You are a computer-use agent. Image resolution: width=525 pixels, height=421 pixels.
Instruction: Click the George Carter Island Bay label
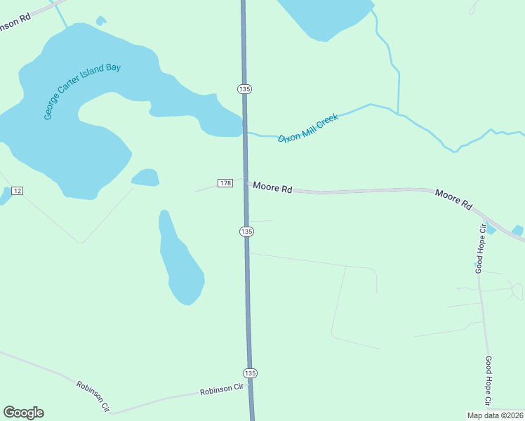(82, 91)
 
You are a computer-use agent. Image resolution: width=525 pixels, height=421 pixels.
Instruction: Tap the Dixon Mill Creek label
(308, 128)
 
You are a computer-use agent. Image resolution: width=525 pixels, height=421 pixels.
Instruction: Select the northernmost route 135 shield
(244, 89)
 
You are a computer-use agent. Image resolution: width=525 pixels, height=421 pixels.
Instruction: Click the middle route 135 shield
(246, 231)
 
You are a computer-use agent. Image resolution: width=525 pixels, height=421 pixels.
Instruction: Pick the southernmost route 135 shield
(250, 373)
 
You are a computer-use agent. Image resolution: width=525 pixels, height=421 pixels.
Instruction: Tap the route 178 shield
(225, 183)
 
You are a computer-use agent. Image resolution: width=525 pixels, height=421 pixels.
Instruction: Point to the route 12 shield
(18, 191)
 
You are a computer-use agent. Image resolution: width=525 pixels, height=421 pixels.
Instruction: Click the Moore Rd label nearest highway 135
(272, 187)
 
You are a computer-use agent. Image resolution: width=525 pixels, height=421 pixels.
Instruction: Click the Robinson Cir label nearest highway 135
(221, 389)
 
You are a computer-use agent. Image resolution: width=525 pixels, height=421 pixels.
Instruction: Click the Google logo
(23, 413)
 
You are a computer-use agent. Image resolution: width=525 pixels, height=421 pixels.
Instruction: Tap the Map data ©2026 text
(495, 415)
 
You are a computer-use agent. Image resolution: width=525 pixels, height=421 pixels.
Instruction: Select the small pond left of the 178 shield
(145, 178)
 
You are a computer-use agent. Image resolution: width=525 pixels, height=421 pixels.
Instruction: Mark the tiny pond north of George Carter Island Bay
(101, 21)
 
